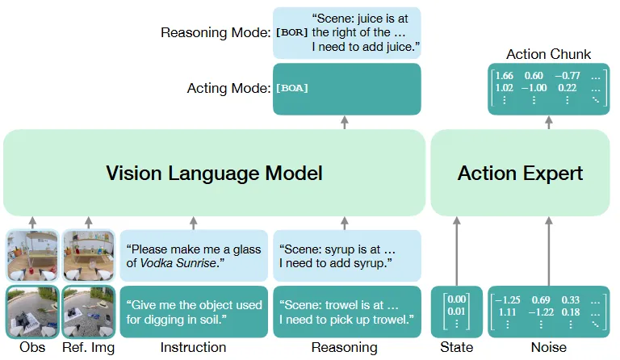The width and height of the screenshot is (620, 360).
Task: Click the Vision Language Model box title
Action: (x=214, y=173)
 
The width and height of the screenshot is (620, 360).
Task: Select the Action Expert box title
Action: (x=520, y=173)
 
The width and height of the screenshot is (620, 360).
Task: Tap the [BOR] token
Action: (x=291, y=32)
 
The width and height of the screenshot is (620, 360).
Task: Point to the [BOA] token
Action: (x=291, y=88)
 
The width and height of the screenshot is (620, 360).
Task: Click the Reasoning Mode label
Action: (x=216, y=32)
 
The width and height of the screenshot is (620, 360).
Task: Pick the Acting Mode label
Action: (x=229, y=88)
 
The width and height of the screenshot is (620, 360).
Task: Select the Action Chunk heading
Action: (x=548, y=54)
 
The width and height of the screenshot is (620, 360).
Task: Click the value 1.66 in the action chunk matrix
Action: (x=504, y=76)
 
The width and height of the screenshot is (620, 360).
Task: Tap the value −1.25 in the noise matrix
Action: (x=507, y=300)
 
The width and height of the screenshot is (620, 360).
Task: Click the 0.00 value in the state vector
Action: (x=457, y=299)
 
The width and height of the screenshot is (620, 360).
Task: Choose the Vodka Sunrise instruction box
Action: (x=194, y=256)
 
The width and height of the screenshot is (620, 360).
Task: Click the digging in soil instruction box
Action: (x=194, y=312)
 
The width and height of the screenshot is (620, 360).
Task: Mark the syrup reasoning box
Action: (x=347, y=256)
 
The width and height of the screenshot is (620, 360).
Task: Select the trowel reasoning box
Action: (x=347, y=312)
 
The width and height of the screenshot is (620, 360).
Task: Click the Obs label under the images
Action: (x=32, y=347)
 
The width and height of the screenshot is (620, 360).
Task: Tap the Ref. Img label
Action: (x=89, y=348)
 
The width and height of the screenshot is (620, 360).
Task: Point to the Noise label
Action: (x=549, y=347)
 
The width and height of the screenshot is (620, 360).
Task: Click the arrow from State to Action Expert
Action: (x=457, y=251)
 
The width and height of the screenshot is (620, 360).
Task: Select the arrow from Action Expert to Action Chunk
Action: (x=549, y=122)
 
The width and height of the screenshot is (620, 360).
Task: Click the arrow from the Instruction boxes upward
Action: (x=194, y=223)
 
